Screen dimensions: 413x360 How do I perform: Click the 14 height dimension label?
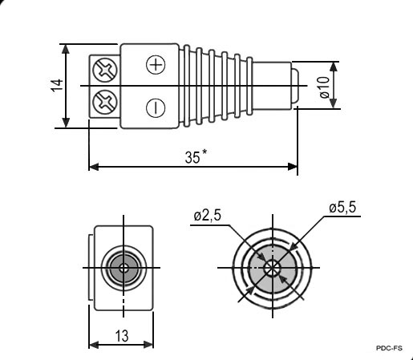click(x=58, y=85)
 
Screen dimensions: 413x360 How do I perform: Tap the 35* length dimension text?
click(x=196, y=156)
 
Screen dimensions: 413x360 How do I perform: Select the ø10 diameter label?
click(x=324, y=87)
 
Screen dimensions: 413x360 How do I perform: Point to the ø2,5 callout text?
click(x=208, y=216)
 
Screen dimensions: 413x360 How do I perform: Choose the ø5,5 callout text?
click(x=342, y=208)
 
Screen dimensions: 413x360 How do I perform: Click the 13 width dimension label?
click(x=122, y=336)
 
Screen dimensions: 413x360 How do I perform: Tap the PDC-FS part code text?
click(x=389, y=348)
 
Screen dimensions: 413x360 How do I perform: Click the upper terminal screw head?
click(x=105, y=70)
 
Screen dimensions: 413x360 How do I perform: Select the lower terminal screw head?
click(x=105, y=102)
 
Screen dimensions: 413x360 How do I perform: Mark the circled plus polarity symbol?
click(x=156, y=64)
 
